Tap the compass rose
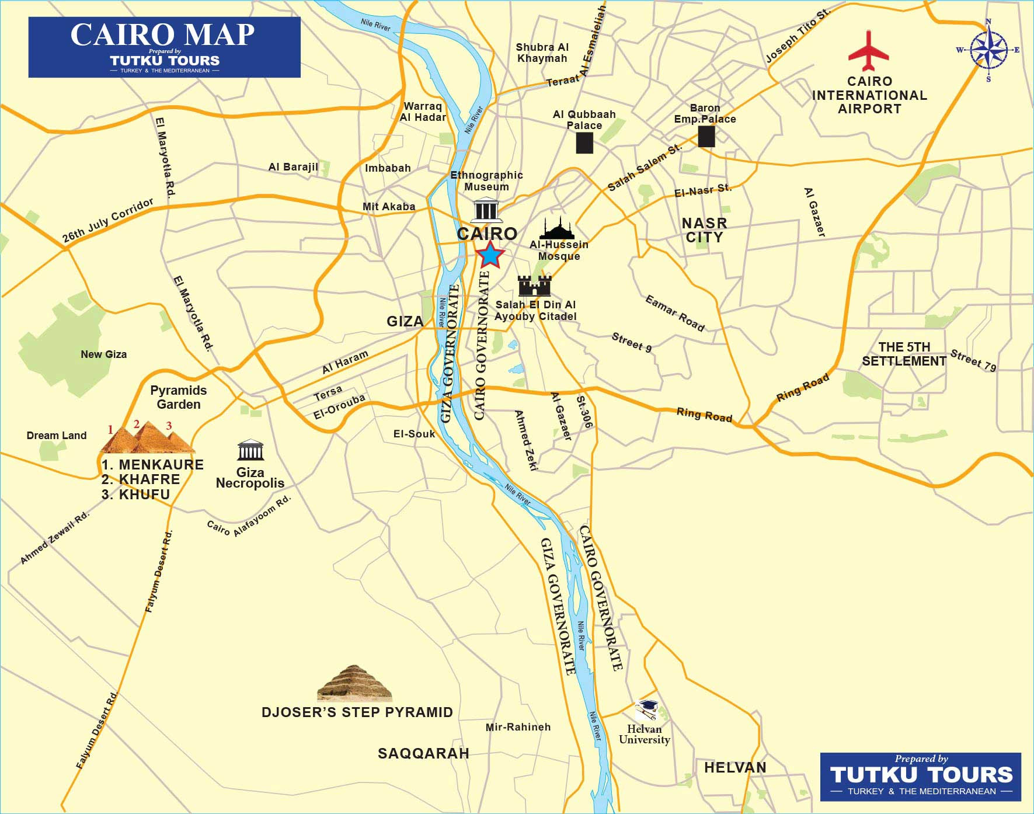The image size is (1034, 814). [988, 50]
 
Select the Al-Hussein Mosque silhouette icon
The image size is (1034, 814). [556, 228]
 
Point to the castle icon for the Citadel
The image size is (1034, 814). [534, 286]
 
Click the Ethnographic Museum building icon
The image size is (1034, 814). [488, 210]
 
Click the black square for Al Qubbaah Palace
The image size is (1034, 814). [584, 143]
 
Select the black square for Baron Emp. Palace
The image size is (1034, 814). [706, 136]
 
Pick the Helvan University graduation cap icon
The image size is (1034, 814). [647, 711]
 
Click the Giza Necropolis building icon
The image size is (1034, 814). [250, 450]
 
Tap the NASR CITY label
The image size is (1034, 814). [705, 230]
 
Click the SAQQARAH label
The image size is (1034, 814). [423, 753]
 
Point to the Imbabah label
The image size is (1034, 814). [388, 168]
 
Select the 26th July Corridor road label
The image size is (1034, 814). [108, 220]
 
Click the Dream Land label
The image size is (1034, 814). [57, 436]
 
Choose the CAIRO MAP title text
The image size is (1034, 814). [162, 34]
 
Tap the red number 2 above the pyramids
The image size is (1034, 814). [137, 425]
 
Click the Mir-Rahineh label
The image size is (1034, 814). [518, 727]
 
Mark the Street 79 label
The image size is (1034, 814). [973, 360]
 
